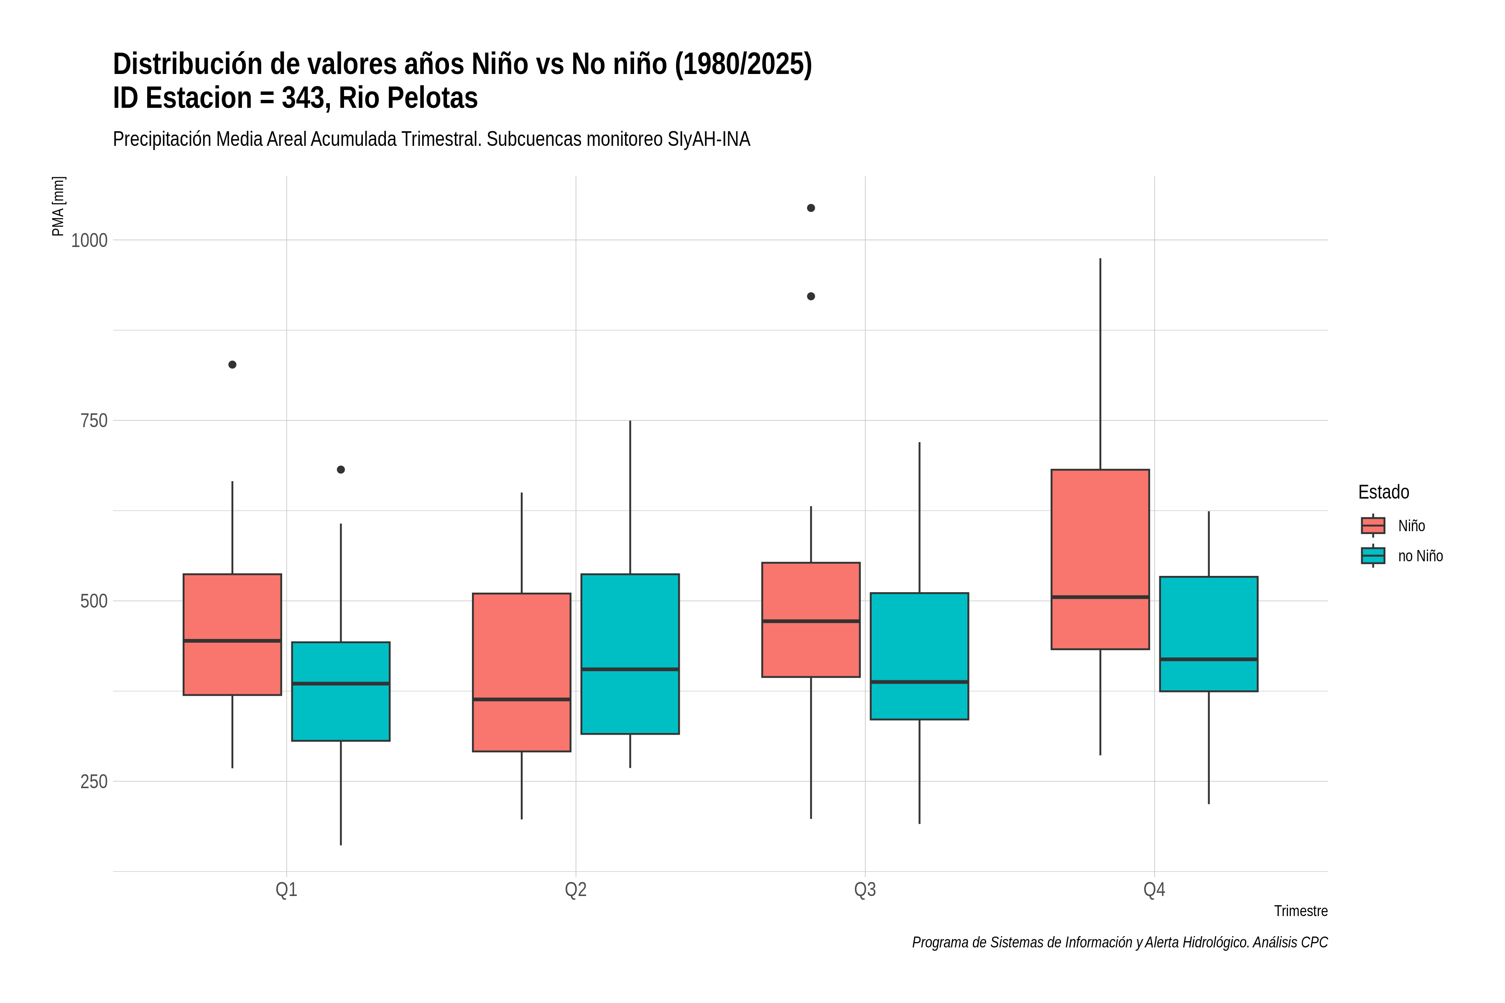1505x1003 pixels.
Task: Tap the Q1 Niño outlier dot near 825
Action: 232,364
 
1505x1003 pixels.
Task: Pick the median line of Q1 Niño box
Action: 232,640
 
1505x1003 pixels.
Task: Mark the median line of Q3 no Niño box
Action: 919,682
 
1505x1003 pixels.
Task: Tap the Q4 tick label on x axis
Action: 1154,890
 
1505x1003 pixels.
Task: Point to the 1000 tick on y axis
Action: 89,241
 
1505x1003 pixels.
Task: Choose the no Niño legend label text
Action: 1421,556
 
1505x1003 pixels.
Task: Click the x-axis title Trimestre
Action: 1301,911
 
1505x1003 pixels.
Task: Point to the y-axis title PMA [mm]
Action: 58,206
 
